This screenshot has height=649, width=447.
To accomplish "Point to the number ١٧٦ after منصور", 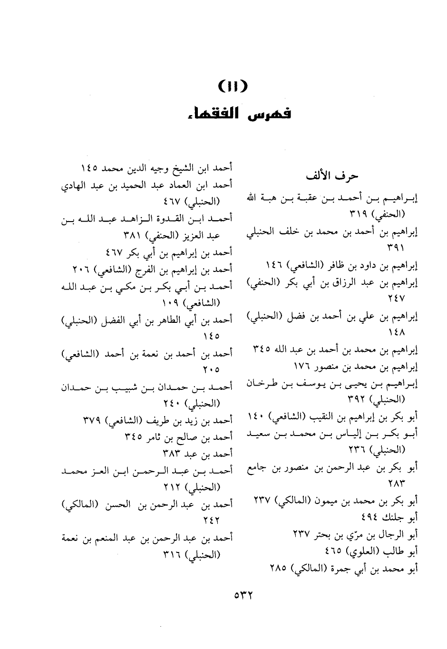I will (x=301, y=367).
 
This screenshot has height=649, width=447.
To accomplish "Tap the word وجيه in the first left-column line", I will (x=148, y=168).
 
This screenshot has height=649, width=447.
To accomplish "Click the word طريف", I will (x=145, y=420).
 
